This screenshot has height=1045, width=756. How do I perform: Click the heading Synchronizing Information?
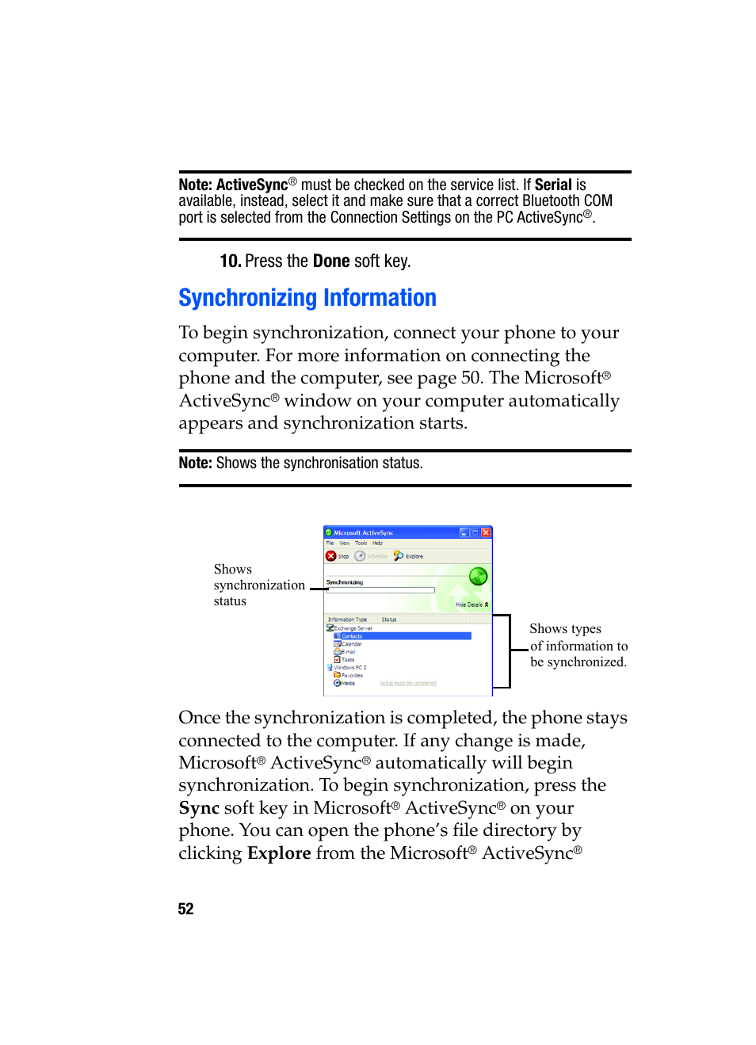[x=307, y=298]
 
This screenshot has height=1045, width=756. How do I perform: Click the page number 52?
[x=185, y=909]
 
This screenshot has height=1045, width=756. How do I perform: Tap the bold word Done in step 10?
[x=331, y=261]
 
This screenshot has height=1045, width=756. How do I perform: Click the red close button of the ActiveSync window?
[x=487, y=533]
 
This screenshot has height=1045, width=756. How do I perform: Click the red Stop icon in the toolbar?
[x=331, y=556]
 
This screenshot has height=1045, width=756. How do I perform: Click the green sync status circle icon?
[x=478, y=576]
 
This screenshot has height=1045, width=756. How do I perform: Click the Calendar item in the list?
[x=351, y=644]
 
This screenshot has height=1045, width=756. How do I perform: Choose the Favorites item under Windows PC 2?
[x=351, y=676]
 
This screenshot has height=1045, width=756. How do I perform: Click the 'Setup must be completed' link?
[x=408, y=683]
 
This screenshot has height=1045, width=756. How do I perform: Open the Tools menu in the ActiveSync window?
[x=361, y=543]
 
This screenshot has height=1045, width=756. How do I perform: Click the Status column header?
[x=389, y=620]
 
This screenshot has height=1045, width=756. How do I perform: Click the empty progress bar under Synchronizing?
[x=380, y=590]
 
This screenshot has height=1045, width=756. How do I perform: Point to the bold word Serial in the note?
[x=553, y=185]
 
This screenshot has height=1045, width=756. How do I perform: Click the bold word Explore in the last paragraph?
[x=279, y=853]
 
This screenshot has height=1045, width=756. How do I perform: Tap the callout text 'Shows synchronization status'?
[x=258, y=585]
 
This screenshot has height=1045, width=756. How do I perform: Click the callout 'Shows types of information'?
[x=578, y=646]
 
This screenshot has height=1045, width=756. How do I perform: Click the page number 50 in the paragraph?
[x=472, y=378]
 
